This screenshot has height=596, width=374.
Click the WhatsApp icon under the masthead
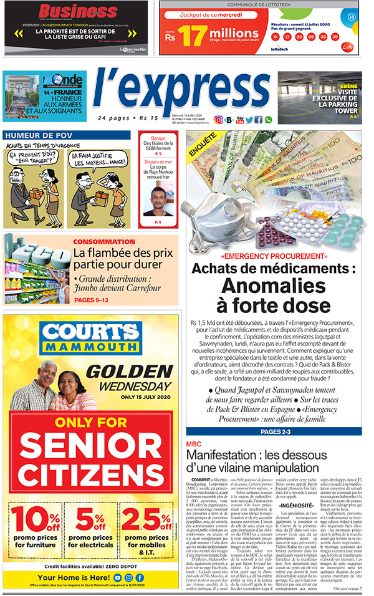[267, 120]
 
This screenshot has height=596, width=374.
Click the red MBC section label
[194, 444]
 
